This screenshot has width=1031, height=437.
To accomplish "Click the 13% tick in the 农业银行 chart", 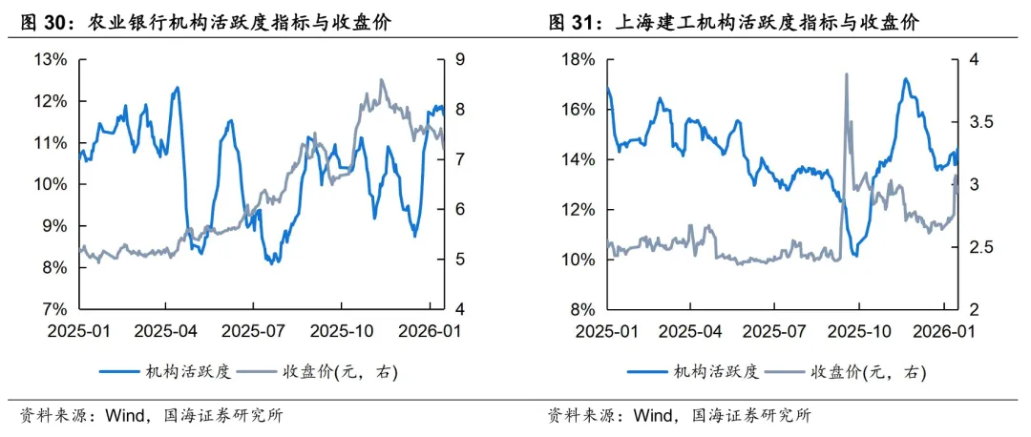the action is (50, 60).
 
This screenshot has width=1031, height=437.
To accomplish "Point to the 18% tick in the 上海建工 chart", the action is (578, 60).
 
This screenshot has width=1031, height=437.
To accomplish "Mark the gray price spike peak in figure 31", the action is (846, 74).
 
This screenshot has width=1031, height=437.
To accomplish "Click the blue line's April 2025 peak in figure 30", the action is (177, 88).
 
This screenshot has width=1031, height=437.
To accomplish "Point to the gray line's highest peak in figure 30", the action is (381, 80).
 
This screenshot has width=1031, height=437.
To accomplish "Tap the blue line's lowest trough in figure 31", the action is (855, 255).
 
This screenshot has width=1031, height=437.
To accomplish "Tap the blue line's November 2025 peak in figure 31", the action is (905, 78).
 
